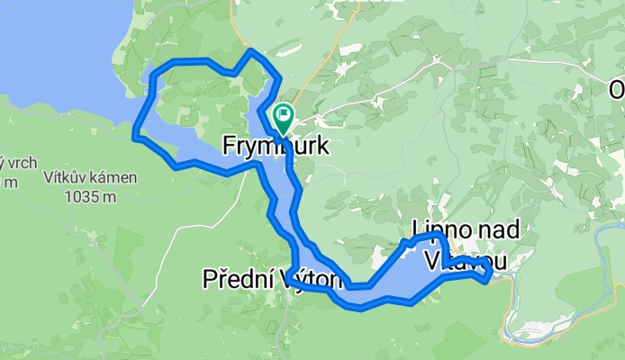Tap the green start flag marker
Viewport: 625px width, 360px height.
click(x=283, y=115)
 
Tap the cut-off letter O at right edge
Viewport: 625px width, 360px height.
click(x=617, y=90)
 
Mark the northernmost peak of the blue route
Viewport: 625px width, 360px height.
click(x=250, y=51)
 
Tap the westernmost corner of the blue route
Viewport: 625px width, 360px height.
click(x=135, y=137)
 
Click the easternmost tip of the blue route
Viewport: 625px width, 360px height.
click(x=491, y=272)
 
